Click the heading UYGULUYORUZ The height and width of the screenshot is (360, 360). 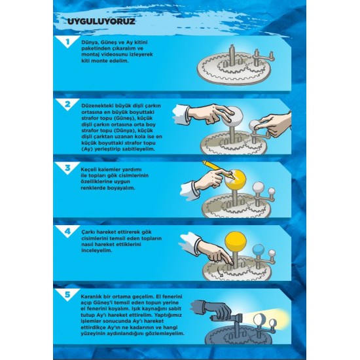coord(101,22)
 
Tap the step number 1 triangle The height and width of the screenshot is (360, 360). coord(67,41)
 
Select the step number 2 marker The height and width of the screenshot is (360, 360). coord(67,105)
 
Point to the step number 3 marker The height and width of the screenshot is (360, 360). coord(67,168)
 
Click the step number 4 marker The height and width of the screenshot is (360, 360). coord(67,231)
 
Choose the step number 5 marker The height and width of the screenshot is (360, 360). coord(67,295)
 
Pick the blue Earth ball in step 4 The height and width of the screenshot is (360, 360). coord(259,250)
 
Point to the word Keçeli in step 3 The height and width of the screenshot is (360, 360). coord(89,170)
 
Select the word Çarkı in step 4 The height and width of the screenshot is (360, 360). coord(88,232)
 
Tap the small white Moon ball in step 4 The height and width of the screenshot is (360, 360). coord(272,253)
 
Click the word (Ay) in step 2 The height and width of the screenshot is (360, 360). coord(86,149)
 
